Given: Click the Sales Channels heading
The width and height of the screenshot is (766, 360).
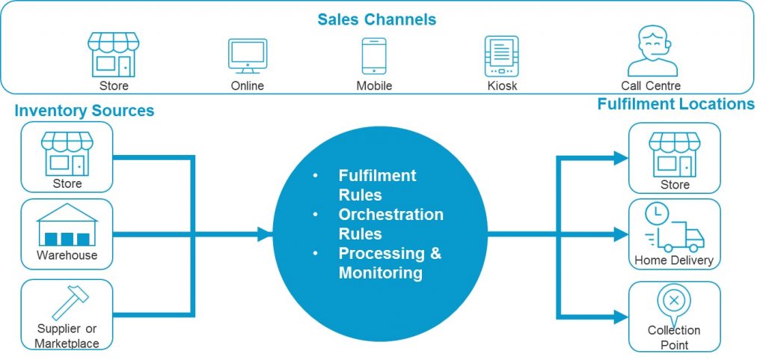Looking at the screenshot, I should point(376,19).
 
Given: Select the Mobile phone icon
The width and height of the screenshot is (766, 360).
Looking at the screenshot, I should point(373,55).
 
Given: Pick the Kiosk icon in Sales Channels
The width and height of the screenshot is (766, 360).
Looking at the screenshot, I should point(500,55).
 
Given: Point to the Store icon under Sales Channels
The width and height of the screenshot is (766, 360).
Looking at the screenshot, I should point(114,54).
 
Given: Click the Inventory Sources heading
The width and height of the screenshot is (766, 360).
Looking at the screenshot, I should point(84,111).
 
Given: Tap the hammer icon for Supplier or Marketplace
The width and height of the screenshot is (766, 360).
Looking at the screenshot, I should point(66,302).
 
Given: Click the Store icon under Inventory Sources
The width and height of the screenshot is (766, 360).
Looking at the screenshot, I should point(67,152).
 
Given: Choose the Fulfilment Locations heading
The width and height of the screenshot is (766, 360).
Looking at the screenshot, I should point(675,104).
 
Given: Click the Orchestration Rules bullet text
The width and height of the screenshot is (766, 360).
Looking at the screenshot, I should point(390,224).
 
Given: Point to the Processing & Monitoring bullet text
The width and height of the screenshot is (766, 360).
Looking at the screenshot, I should point(390,263).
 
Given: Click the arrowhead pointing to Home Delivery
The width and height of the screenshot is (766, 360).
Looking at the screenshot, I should point(620,234).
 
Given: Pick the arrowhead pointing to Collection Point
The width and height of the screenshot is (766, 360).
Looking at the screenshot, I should point(620,317).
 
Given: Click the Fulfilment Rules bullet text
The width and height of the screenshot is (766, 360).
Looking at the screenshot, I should point(377,185).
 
